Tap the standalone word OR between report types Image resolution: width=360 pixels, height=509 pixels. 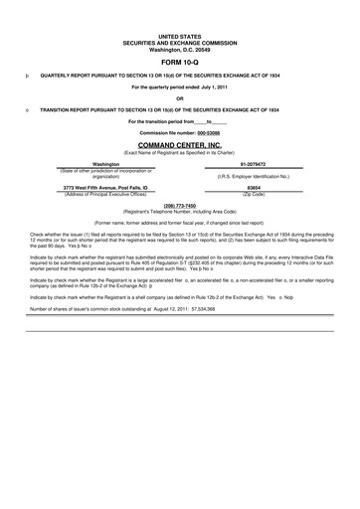click(x=179, y=97)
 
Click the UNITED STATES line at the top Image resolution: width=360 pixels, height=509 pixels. click(x=179, y=34)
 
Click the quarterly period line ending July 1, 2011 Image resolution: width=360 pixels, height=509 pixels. click(x=179, y=86)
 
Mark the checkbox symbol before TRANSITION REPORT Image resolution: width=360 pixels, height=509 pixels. click(x=25, y=108)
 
